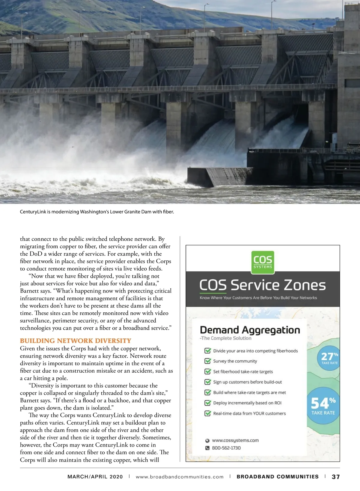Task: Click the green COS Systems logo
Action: click(x=262, y=262)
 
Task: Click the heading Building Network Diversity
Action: click(x=76, y=341)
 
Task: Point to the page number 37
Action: click(x=336, y=477)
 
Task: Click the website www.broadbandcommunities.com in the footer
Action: click(x=180, y=477)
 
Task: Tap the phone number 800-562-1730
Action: click(x=226, y=448)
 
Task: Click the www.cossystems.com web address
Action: click(x=235, y=440)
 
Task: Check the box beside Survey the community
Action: click(x=207, y=361)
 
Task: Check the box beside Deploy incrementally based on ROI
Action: click(x=207, y=403)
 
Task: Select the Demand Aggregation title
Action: click(x=250, y=330)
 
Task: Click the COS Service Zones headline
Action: click(x=262, y=285)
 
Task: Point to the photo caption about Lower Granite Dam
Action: click(x=97, y=212)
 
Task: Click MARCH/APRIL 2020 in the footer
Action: click(x=95, y=477)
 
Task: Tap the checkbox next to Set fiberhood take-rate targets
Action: click(x=207, y=371)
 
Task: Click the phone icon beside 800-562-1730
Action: click(x=207, y=448)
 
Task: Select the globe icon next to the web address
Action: click(x=207, y=441)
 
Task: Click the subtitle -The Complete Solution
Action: click(x=226, y=338)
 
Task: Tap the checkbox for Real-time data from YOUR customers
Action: click(x=207, y=413)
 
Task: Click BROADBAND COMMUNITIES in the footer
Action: click(x=277, y=477)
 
